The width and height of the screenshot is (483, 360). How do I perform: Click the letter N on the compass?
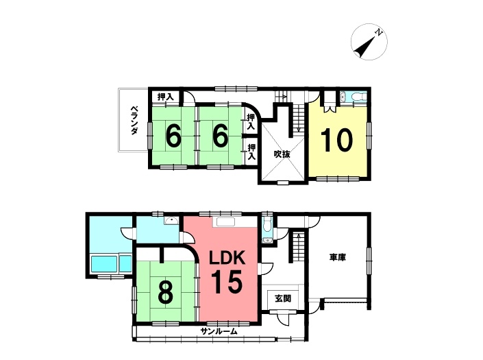tap(378, 32)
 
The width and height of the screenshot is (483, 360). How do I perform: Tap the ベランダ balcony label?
tap(134, 120)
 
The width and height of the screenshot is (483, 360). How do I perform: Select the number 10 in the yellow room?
tap(336, 141)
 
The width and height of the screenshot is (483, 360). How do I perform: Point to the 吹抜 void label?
tap(282, 154)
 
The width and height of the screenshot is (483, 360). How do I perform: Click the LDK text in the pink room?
tap(227, 257)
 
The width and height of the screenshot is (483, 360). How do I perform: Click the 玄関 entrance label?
tap(283, 298)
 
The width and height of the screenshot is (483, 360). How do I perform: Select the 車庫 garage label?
tap(338, 257)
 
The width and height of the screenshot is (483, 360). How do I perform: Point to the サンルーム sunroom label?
tap(219, 332)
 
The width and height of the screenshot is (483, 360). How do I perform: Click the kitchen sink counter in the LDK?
tap(226, 222)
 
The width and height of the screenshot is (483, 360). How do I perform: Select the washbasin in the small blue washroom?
tap(171, 221)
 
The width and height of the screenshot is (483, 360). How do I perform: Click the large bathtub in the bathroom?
tap(104, 264)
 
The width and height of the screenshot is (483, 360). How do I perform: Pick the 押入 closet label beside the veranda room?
tap(165, 97)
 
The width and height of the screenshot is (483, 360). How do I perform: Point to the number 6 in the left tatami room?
tap(173, 136)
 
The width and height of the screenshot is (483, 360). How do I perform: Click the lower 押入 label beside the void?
tap(251, 152)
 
